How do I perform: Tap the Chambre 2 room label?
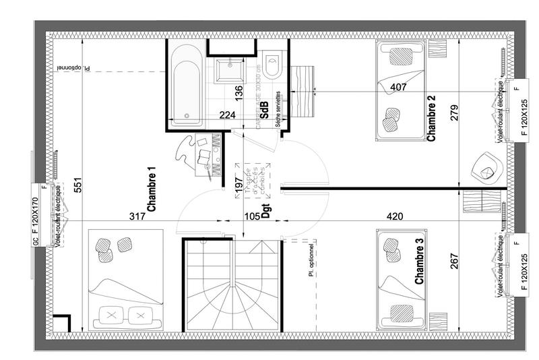click(x=431, y=118)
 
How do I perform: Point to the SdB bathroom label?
click(x=265, y=111)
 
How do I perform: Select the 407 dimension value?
click(x=398, y=86)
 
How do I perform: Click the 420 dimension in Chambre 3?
click(x=395, y=216)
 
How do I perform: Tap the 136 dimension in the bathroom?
click(x=239, y=92)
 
